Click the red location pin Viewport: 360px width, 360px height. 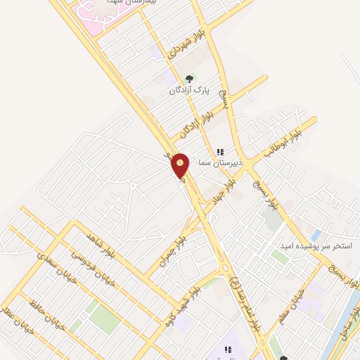181,166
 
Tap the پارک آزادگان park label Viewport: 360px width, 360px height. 189,90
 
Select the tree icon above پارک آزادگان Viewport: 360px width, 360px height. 188,79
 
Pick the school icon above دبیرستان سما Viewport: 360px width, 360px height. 219,151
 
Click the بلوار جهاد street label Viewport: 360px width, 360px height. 224,190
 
